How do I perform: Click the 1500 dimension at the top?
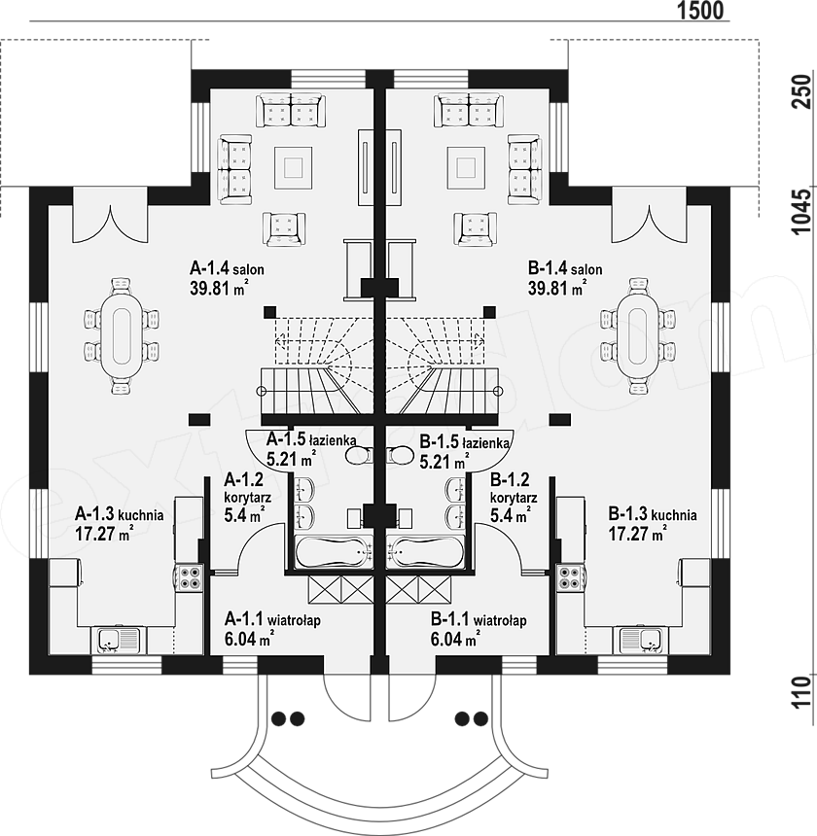tap(700, 10)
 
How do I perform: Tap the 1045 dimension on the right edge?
tap(801, 211)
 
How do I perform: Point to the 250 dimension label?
tap(801, 91)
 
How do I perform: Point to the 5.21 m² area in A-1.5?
tap(291, 459)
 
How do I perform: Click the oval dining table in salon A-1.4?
tap(122, 335)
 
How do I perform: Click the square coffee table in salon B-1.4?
tap(466, 167)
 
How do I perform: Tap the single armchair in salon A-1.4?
tap(284, 229)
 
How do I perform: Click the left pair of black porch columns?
tap(288, 718)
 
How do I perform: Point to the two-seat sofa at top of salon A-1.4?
tap(291, 111)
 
